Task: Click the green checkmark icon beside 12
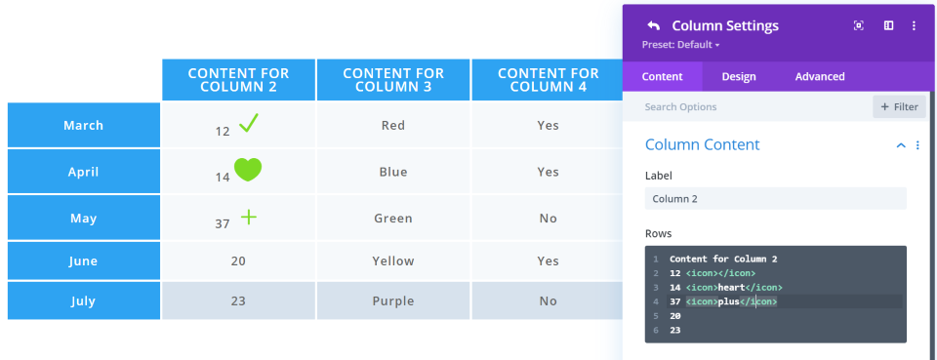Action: tap(249, 124)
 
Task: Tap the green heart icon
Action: tap(247, 170)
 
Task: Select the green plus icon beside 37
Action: tap(249, 217)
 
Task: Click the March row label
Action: tap(84, 126)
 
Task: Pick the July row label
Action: tap(84, 300)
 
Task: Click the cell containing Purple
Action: tap(393, 300)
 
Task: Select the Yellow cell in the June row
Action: tap(393, 260)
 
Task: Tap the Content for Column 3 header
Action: tap(393, 80)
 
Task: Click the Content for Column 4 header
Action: tap(548, 80)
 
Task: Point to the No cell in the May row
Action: tap(548, 219)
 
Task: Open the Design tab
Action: tap(739, 76)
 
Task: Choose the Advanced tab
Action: tap(820, 76)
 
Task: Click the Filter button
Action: tap(899, 107)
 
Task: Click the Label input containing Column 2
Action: tap(776, 199)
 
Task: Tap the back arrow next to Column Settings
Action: tap(653, 25)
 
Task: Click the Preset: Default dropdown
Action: tap(680, 45)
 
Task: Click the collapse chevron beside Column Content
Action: tap(901, 145)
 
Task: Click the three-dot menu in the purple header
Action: tap(914, 25)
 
